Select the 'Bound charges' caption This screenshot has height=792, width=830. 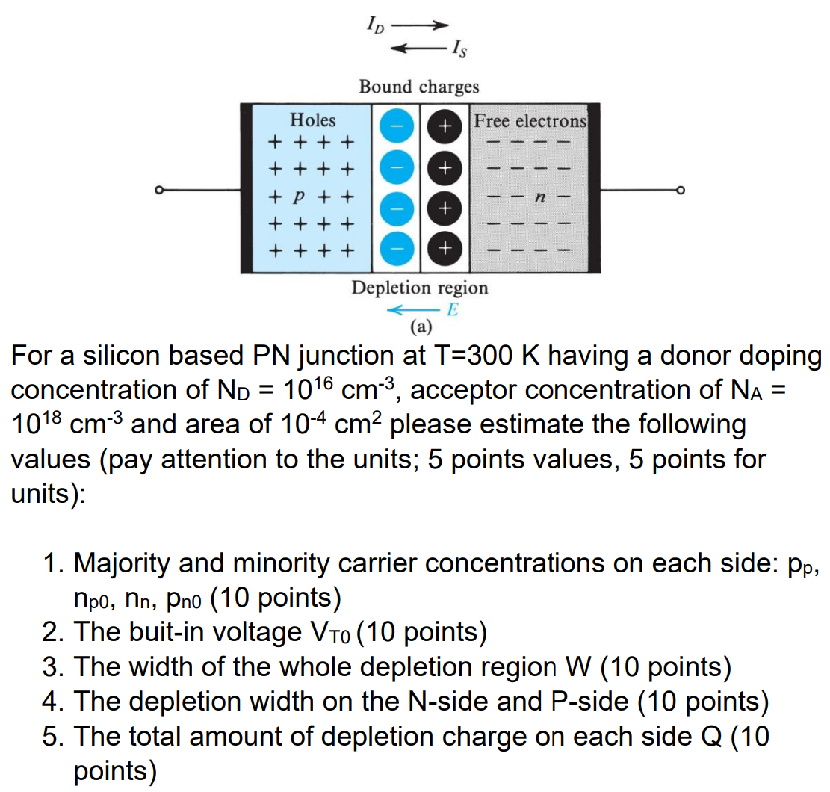coord(418,87)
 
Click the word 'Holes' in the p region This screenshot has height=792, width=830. coord(312,120)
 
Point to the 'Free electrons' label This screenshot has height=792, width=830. coord(530,120)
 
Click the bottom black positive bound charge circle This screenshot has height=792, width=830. coord(445,247)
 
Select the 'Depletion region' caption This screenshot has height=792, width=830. coord(419,288)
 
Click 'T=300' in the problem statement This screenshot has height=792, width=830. coord(474,356)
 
